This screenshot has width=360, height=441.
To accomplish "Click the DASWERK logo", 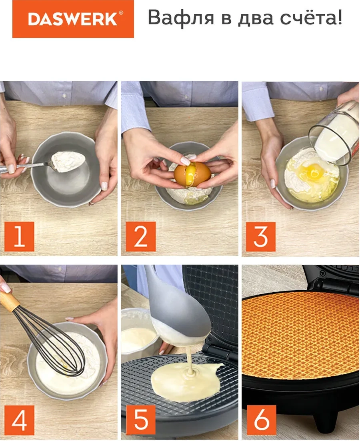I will click(x=73, y=19).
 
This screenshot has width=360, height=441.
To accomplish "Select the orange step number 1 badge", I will click(x=19, y=237).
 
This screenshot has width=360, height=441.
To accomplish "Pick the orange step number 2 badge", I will click(x=141, y=237).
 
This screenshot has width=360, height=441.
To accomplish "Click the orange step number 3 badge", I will click(x=261, y=237).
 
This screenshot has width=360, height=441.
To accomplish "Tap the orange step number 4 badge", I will click(x=19, y=420).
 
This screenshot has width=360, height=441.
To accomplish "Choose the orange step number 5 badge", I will click(x=141, y=420).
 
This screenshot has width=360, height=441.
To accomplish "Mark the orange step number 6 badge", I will click(x=261, y=420).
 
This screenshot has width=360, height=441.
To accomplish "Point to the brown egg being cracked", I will click(x=192, y=174).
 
